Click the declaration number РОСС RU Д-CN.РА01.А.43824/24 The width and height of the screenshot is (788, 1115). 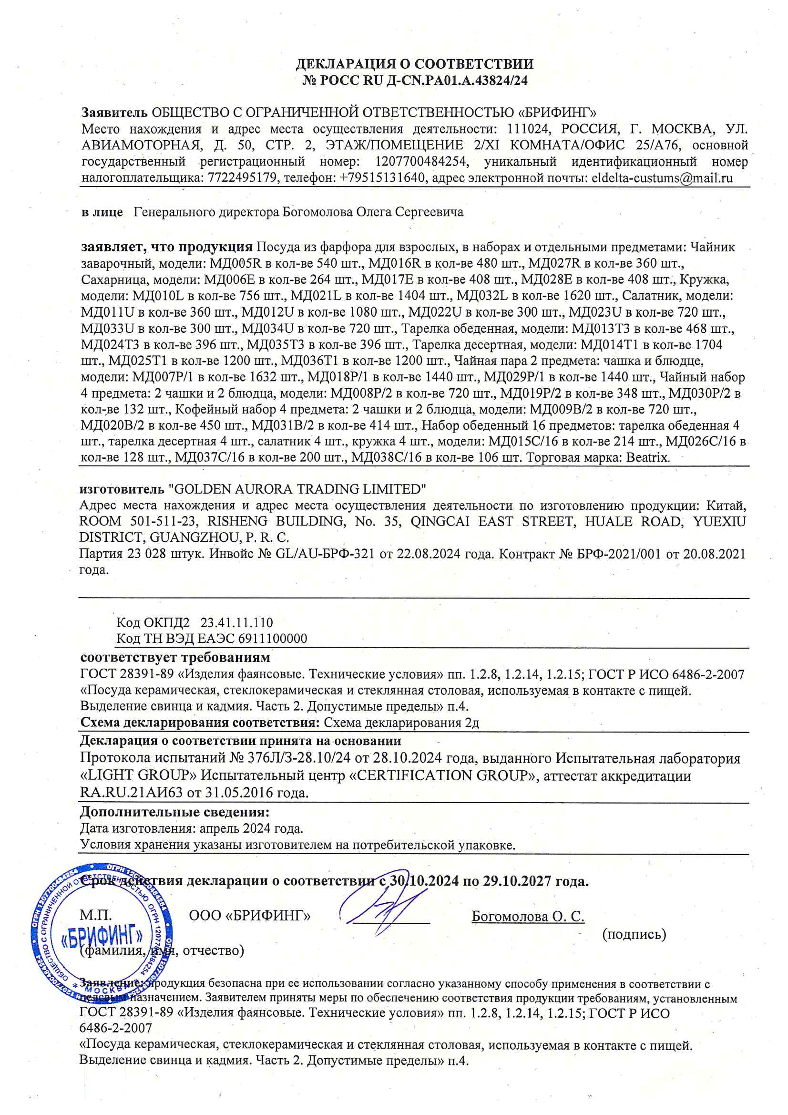[423, 81]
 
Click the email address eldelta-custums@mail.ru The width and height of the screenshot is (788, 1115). [662, 178]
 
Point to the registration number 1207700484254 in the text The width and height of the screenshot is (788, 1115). [421, 161]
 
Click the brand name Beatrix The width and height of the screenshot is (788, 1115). [648, 457]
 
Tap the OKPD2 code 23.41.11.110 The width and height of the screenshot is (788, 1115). [236, 622]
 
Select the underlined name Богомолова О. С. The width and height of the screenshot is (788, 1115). [528, 917]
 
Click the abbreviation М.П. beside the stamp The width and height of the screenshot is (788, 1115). [96, 915]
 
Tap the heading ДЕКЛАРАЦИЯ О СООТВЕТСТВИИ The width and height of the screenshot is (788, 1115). [414, 64]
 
